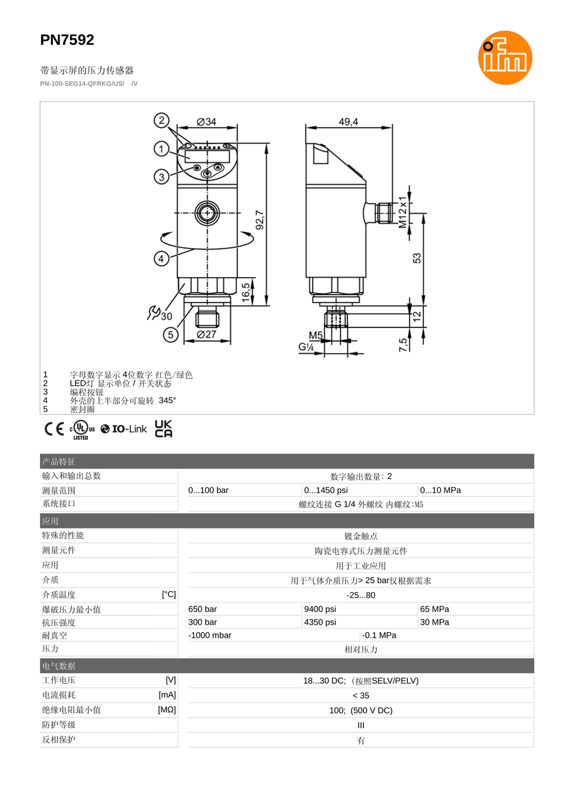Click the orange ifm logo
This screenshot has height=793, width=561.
[505, 57]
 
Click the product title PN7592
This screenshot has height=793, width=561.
[67, 40]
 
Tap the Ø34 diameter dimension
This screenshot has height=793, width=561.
[206, 122]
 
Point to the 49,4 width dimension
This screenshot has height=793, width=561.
[348, 122]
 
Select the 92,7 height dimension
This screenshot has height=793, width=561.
[260, 220]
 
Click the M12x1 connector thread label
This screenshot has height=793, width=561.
[403, 212]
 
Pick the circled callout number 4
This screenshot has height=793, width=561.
[161, 258]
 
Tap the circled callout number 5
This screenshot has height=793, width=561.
[171, 334]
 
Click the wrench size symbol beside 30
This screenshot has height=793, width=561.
[153, 313]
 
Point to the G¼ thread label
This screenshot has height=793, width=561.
[306, 346]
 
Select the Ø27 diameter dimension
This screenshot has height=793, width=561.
[206, 334]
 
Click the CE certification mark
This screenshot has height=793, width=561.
[54, 429]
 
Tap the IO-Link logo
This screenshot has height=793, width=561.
[123, 429]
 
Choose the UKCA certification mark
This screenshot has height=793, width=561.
[163, 429]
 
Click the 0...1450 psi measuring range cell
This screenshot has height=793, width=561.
[326, 490]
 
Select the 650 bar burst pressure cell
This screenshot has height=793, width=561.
[203, 610]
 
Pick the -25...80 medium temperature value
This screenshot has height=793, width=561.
[361, 595]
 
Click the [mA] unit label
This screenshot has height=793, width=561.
[167, 695]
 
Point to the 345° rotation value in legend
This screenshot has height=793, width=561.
[167, 401]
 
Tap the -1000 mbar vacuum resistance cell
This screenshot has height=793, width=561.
[210, 636]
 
